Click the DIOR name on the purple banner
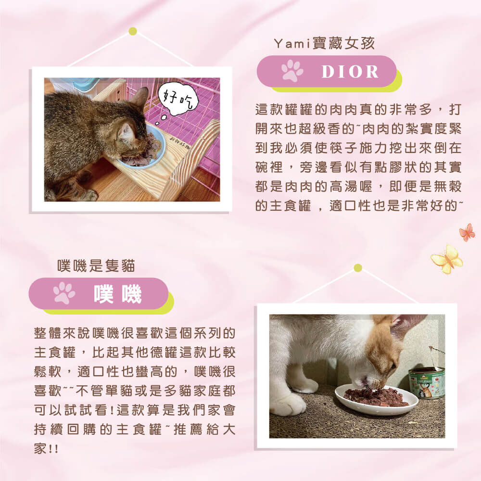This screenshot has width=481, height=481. [x=350, y=72]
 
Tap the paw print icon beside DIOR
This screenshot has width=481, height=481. [x=292, y=71]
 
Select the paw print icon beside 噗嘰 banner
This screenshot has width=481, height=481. [x=64, y=293]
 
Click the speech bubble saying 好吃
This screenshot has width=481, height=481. [x=178, y=99]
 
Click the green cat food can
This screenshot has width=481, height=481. [x=427, y=382]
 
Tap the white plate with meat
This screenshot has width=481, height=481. [x=376, y=399]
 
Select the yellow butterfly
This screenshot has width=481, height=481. [x=447, y=259]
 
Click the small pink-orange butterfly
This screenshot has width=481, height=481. [x=467, y=232]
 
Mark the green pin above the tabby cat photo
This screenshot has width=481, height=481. [x=133, y=31]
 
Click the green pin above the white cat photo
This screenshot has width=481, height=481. [x=358, y=268]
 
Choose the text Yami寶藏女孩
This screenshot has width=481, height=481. [x=324, y=43]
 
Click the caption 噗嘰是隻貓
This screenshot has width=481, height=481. [x=96, y=266]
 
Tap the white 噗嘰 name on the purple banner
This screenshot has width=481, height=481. [x=118, y=293]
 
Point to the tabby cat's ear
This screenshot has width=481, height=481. [x=127, y=132]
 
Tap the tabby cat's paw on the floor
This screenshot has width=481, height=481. [x=89, y=195]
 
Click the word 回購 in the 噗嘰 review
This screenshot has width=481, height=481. [x=81, y=429]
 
